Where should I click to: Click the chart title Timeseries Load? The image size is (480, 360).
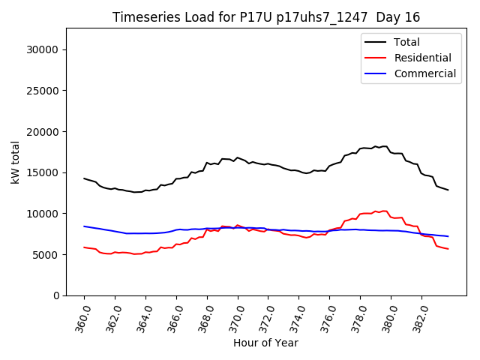coord(266,17)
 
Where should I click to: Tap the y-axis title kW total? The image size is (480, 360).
coord(16,162)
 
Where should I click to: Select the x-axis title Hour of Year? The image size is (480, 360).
coord(265,343)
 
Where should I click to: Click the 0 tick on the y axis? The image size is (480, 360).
coord(57,295)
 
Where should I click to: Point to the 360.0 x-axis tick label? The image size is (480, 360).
coord(79,316)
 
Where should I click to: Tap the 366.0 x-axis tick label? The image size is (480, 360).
coord(172,316)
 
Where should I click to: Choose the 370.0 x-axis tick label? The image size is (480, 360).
coord(233,316)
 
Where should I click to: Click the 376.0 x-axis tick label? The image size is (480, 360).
coord(325,316)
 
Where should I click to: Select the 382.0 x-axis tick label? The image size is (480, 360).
coord(418,316)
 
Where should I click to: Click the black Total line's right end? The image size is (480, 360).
coord(448,190)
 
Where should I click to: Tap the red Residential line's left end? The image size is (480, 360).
coord(84,247)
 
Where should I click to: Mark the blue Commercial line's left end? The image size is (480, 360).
coord(84,226)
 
